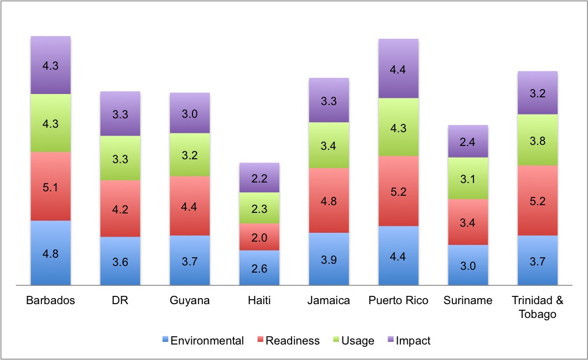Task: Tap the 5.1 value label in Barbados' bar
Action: click(x=50, y=187)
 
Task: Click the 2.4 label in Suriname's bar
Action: click(x=468, y=142)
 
